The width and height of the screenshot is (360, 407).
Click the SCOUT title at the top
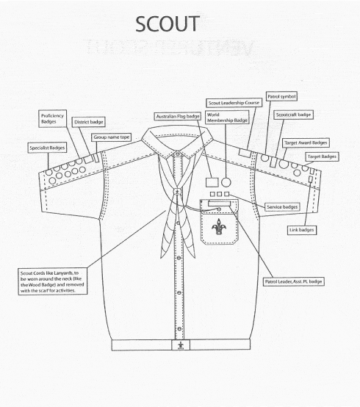[x=168, y=24]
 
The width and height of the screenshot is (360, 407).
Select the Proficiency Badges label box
[x=52, y=118]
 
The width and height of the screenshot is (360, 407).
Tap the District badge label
[x=88, y=122]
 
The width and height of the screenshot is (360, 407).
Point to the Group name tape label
[x=111, y=137]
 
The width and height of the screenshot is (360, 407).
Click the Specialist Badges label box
[x=47, y=148]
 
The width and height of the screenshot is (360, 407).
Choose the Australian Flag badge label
[x=178, y=117]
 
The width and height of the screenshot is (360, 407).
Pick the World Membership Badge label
[x=227, y=118]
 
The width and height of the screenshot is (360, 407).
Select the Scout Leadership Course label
[x=234, y=103]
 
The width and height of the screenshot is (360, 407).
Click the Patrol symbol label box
[x=281, y=96]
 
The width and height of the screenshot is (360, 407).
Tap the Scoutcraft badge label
[x=293, y=115]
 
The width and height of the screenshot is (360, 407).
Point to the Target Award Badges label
[x=306, y=143]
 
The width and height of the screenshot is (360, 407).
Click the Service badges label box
[x=282, y=207]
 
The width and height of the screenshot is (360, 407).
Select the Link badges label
[x=302, y=230]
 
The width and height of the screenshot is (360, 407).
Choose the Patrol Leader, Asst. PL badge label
[x=293, y=281]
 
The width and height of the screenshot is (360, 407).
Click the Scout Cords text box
[x=53, y=281]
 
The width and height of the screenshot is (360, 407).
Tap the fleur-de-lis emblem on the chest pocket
[x=219, y=227]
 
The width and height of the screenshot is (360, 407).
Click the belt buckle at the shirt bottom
[x=181, y=345]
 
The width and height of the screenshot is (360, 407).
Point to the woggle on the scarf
[x=177, y=192]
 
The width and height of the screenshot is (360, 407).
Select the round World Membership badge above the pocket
[x=226, y=182]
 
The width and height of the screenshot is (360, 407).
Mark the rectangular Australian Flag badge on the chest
[x=212, y=182]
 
